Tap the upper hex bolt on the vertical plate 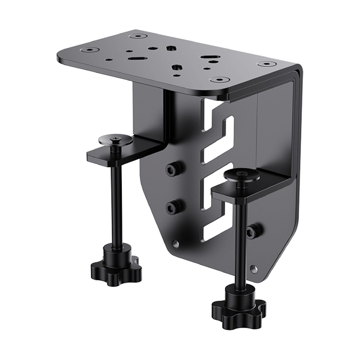174,169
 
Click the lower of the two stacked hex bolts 173,207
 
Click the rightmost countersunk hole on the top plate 266,64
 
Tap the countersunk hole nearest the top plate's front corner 220,80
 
